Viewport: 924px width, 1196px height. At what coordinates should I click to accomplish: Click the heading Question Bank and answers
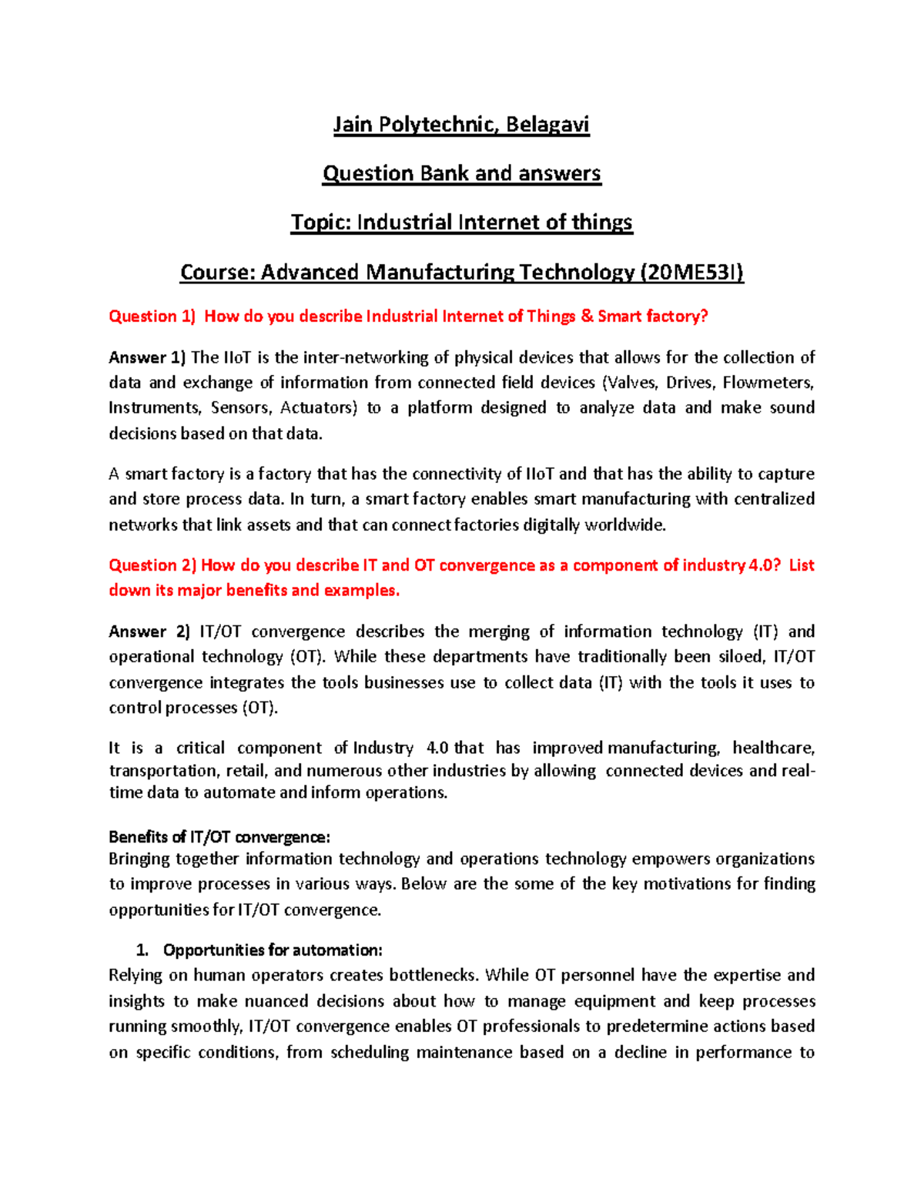[461, 174]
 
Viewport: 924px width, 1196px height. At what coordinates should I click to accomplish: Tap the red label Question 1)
[152, 317]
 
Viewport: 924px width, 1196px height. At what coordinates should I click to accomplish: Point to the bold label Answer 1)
[147, 357]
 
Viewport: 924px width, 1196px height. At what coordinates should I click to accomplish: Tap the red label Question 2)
[153, 565]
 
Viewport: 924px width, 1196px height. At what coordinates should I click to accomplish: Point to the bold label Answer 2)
[149, 632]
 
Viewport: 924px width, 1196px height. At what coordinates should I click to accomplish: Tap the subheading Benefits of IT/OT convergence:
[219, 837]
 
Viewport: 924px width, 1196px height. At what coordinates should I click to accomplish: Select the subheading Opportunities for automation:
[273, 950]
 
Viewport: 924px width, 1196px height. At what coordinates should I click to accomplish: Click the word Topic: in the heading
[320, 223]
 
